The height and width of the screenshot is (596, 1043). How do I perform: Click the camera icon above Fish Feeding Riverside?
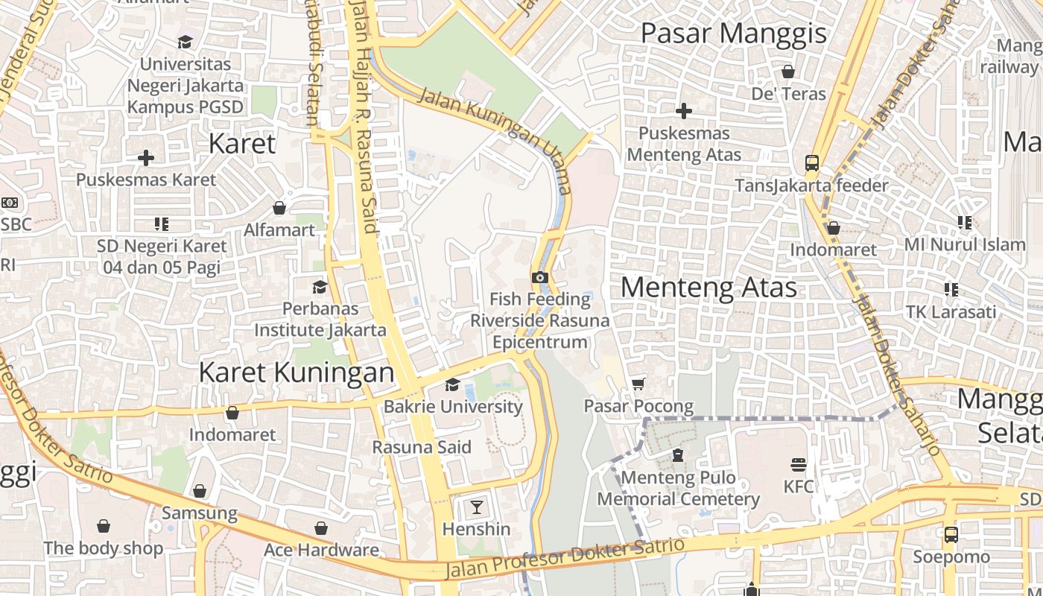coord(540,277)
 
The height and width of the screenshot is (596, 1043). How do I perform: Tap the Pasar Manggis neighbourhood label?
coord(733,34)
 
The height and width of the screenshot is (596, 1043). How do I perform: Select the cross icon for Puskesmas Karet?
coord(146,158)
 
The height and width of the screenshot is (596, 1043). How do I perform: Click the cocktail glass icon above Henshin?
coord(477,507)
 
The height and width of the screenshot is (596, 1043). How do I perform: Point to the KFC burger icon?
coord(799,465)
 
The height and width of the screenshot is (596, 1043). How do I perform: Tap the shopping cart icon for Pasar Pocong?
coord(638,384)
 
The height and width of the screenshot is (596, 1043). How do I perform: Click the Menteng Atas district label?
coord(708,288)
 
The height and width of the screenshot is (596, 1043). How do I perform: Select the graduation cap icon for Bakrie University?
coord(452,384)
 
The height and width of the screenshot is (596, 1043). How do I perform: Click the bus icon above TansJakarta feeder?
coord(811,162)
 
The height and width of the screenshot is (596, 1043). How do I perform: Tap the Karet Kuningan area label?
coord(296,372)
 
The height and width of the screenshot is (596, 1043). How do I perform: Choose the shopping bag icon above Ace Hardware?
coord(321,528)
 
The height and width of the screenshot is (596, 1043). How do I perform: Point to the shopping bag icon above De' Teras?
coord(788,72)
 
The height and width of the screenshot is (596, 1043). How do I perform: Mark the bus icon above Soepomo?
coord(951,534)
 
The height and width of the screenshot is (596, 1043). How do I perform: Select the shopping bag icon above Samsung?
coord(199,491)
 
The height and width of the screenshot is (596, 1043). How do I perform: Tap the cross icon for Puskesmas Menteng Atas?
coord(683,111)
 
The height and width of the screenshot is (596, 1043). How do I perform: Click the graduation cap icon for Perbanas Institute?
coord(320,287)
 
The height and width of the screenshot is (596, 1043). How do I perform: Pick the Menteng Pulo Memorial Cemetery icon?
coord(678,454)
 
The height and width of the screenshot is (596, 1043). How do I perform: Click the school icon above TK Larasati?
coord(951,289)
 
